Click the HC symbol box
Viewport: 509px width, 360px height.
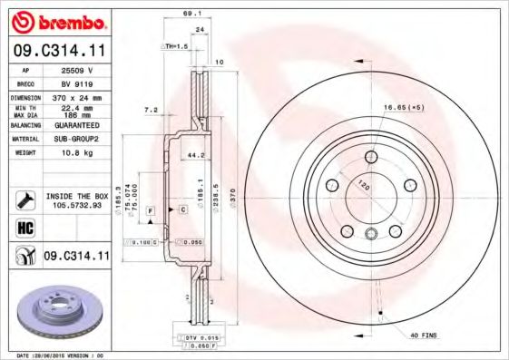click(24, 227)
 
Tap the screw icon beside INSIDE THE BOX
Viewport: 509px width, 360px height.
click(24, 199)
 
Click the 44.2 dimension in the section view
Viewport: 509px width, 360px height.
click(193, 155)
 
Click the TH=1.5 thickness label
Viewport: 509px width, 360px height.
click(174, 45)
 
